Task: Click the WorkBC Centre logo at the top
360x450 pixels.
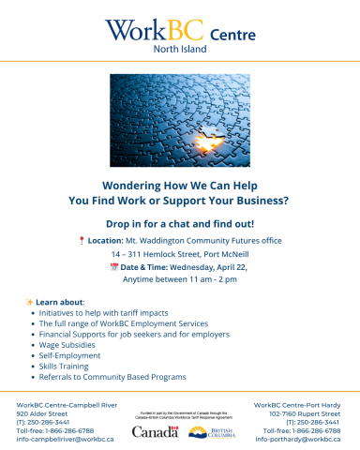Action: pos(179,31)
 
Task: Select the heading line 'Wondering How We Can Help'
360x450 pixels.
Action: pos(179,185)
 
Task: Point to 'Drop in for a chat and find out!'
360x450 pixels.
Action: pos(179,224)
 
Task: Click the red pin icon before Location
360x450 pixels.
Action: pos(83,241)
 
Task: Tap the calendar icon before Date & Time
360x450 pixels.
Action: pos(113,267)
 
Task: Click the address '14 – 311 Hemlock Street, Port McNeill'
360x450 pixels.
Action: pos(180,254)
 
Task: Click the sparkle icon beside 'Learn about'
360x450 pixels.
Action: pos(29,302)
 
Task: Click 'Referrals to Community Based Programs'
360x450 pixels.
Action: pos(112,377)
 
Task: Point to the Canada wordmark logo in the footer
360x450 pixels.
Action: pos(155,432)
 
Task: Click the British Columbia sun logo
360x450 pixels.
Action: pos(200,432)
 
